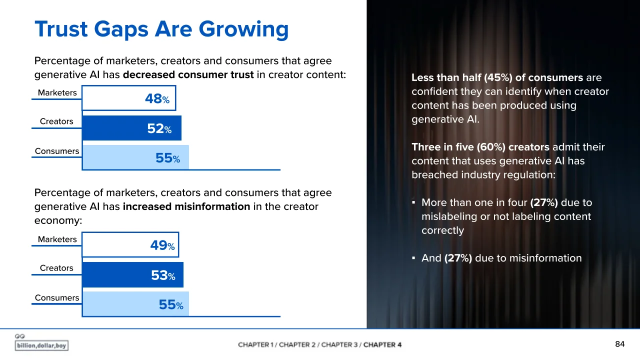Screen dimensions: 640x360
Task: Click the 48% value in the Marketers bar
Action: pos(157,99)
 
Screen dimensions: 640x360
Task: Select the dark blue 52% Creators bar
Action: pos(131,128)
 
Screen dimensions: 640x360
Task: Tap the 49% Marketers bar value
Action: pos(162,245)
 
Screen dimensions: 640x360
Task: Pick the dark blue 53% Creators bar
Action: pos(133,275)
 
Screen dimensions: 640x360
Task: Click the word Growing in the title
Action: pos(243,30)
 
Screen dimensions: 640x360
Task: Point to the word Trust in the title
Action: pos(61,29)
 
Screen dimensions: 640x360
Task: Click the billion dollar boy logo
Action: pos(41,342)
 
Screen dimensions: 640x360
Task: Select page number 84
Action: pos(619,344)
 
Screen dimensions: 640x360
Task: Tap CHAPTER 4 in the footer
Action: pos(382,345)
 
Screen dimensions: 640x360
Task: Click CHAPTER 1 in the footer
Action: pos(253,345)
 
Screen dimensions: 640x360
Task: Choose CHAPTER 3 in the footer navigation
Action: pos(339,345)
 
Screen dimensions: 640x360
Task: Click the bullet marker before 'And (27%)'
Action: pos(413,258)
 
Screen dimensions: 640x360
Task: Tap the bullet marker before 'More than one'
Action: pos(413,202)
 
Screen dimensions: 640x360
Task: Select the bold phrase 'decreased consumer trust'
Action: pos(188,75)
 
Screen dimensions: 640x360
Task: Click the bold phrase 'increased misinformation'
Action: pos(186,206)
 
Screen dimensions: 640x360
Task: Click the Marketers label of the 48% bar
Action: pos(57,93)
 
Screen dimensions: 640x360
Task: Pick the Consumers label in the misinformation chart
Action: pos(57,297)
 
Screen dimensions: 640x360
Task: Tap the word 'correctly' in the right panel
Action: pos(442,230)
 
